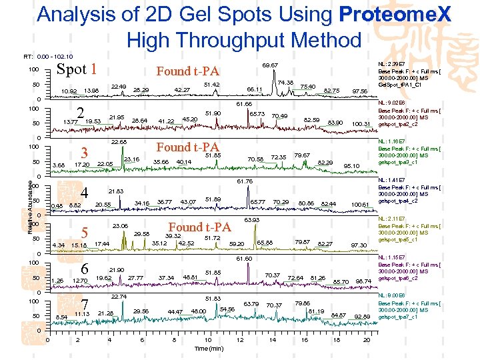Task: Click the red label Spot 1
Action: coord(78,69)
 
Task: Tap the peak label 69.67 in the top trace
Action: coord(270,65)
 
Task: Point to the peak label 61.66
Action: coord(244,105)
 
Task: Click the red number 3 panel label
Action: coord(83,152)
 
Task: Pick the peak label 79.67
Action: coord(302,155)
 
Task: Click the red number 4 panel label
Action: coord(83,189)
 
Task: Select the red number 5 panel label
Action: coord(84,233)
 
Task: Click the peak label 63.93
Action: coord(252,219)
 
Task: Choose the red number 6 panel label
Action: coord(85,269)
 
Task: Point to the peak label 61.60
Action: coord(244,258)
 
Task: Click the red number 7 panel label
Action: coord(85,305)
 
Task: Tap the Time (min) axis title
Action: coord(208,349)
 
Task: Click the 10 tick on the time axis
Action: coord(208,340)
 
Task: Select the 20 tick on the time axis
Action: coord(367,340)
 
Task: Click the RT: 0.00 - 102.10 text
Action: coord(48,57)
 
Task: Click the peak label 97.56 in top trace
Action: coord(360,91)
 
